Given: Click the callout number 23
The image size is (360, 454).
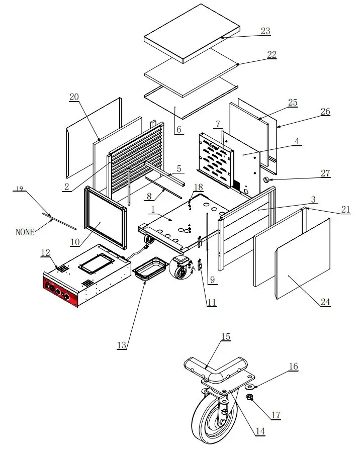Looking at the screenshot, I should [x=265, y=31].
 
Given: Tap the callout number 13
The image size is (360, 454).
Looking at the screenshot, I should [x=122, y=345].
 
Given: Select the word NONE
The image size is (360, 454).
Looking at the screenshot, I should [x=25, y=232].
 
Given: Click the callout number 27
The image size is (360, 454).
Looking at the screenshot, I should [x=325, y=173].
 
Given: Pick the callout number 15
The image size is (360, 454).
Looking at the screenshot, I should [x=226, y=336].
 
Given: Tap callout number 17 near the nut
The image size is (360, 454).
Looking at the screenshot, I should [x=276, y=415].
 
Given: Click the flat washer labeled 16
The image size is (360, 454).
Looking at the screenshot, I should [x=249, y=387].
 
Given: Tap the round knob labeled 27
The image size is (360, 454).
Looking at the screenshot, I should [x=266, y=179].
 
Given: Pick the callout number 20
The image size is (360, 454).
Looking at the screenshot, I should [x=74, y=97].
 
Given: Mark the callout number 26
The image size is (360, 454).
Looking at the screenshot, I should [x=325, y=111].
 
